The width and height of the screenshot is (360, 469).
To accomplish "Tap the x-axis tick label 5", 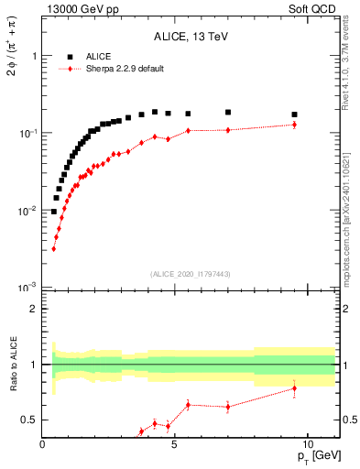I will click(x=175, y=443).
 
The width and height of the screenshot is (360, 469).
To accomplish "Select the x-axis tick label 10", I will click(x=307, y=443).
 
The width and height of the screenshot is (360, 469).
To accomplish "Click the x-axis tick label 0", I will click(x=43, y=443).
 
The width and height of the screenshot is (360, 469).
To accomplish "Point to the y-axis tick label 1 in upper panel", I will click(x=34, y=56).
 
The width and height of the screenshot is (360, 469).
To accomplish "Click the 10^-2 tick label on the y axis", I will click(x=29, y=211).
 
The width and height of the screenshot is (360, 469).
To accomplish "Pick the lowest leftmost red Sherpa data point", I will click(x=54, y=248).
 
